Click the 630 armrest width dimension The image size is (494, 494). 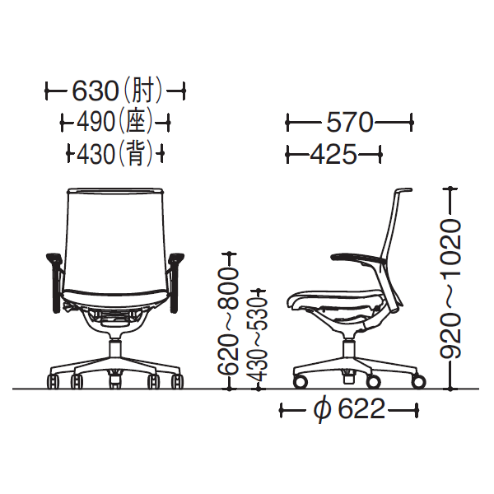[96, 91]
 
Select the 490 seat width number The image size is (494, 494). [96, 122]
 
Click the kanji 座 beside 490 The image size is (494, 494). [136, 122]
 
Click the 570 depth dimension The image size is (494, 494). [349, 122]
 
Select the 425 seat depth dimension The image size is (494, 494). [333, 154]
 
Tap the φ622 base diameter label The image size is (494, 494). [350, 409]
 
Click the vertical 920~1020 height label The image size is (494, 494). [450, 289]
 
